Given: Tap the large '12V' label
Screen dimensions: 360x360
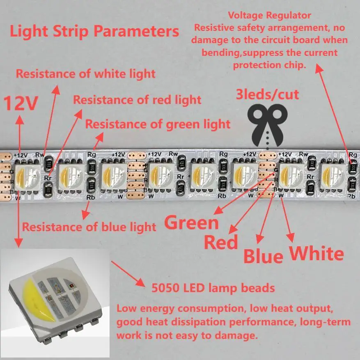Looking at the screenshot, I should pyautogui.click(x=21, y=103).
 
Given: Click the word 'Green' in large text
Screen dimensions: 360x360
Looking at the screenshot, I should pyautogui.click(x=192, y=222).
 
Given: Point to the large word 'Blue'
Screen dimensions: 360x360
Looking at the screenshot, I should pyautogui.click(x=263, y=256).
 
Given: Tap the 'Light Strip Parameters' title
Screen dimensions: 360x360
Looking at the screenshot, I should pyautogui.click(x=94, y=32).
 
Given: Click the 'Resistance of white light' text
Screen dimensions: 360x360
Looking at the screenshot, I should pyautogui.click(x=86, y=74).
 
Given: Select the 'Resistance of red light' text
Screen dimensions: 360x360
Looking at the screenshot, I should pyautogui.click(x=137, y=100).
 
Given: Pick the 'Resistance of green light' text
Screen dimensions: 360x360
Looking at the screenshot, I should pyautogui.click(x=158, y=124).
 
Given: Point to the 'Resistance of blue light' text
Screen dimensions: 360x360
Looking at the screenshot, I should pyautogui.click(x=89, y=227).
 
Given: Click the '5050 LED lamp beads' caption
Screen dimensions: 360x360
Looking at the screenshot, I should pyautogui.click(x=213, y=287).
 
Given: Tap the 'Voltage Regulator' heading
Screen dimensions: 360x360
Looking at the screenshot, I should pyautogui.click(x=270, y=16).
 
